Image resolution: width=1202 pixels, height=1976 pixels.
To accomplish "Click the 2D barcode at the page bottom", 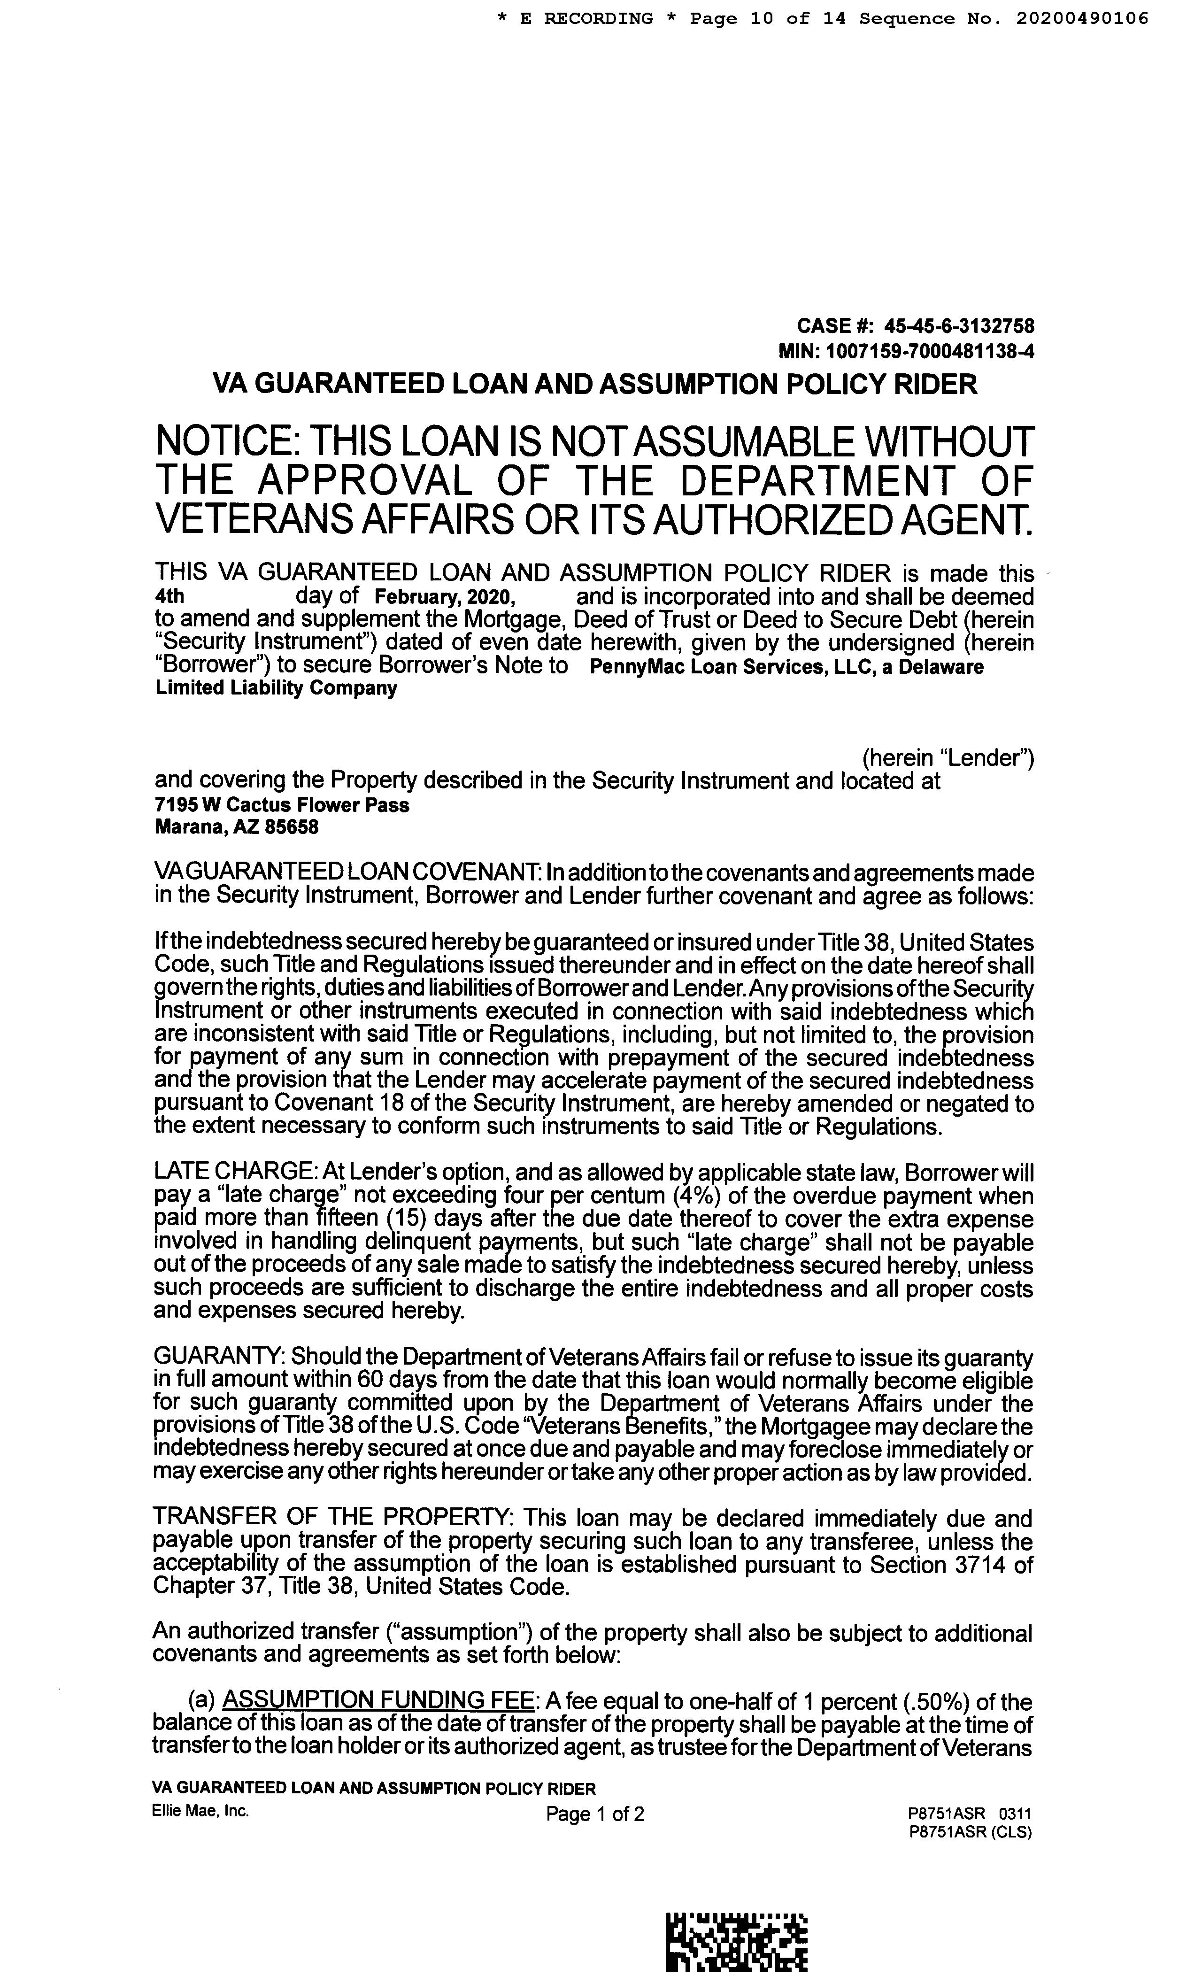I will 737,1944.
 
